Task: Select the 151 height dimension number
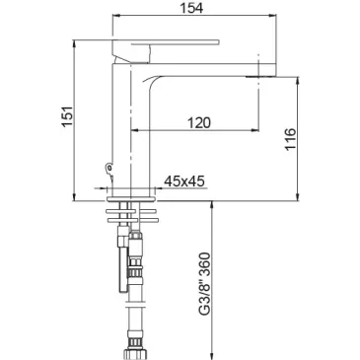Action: pyautogui.click(x=68, y=116)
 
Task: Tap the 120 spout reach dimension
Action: pyautogui.click(x=199, y=122)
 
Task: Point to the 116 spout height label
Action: pyautogui.click(x=291, y=139)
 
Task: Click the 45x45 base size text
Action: pyautogui.click(x=184, y=180)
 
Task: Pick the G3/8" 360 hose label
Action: pyautogui.click(x=205, y=284)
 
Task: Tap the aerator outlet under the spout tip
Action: pyautogui.click(x=259, y=77)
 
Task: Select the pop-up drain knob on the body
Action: pyautogui.click(x=108, y=168)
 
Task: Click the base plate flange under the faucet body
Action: pyautogui.click(x=131, y=199)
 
